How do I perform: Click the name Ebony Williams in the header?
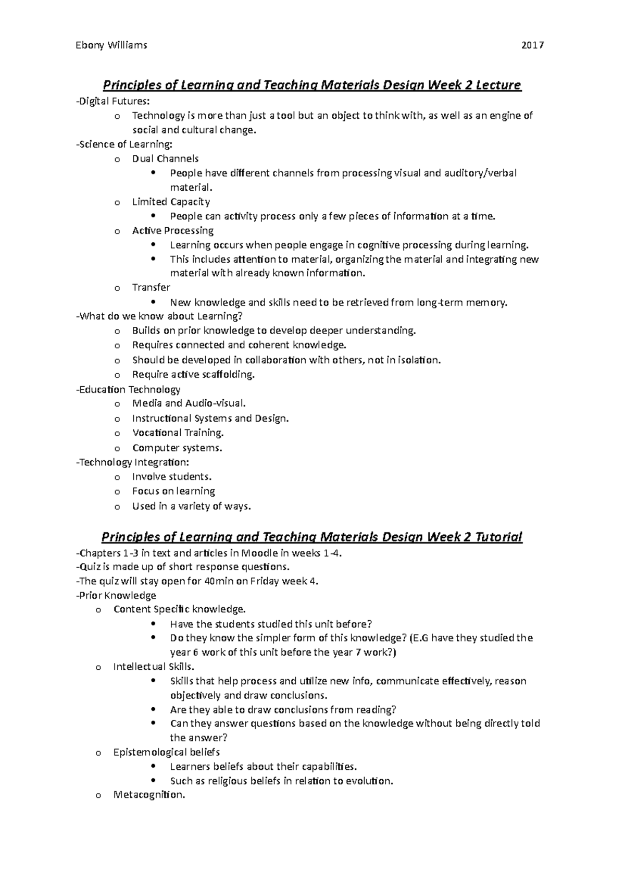[111, 45]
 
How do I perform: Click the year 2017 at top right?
[533, 45]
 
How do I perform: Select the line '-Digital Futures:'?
[108, 101]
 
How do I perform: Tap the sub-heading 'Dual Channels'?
[165, 158]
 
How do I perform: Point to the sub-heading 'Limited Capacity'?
[171, 202]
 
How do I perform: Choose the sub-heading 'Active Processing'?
[173, 230]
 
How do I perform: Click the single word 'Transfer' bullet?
[151, 287]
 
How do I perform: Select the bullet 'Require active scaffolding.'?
[193, 374]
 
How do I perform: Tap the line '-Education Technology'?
[128, 389]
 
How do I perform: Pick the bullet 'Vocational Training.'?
[178, 433]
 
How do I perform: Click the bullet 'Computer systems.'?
[177, 448]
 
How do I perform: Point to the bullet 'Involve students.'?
[172, 476]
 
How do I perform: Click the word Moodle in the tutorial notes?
[259, 553]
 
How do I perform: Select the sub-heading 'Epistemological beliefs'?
[166, 752]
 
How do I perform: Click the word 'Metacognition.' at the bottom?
[149, 795]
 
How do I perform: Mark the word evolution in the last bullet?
[370, 781]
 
